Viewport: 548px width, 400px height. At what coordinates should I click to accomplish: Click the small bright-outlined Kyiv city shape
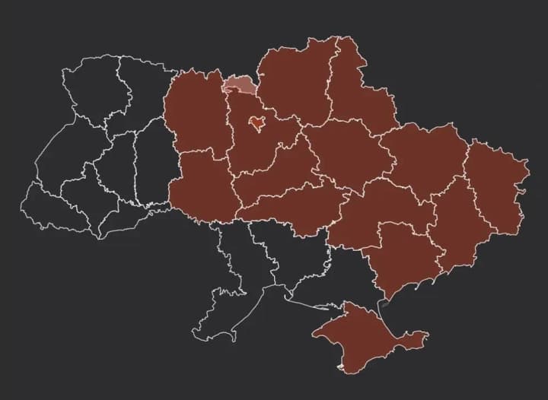click(x=258, y=121)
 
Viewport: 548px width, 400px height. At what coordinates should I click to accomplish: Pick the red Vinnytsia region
click(x=202, y=186)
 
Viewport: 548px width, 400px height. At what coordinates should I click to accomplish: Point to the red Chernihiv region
click(x=293, y=80)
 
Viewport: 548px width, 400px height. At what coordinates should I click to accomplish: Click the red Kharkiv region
click(x=422, y=156)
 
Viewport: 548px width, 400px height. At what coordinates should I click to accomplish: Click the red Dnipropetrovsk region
click(x=373, y=213)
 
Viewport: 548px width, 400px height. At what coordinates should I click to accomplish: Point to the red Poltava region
click(x=346, y=152)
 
